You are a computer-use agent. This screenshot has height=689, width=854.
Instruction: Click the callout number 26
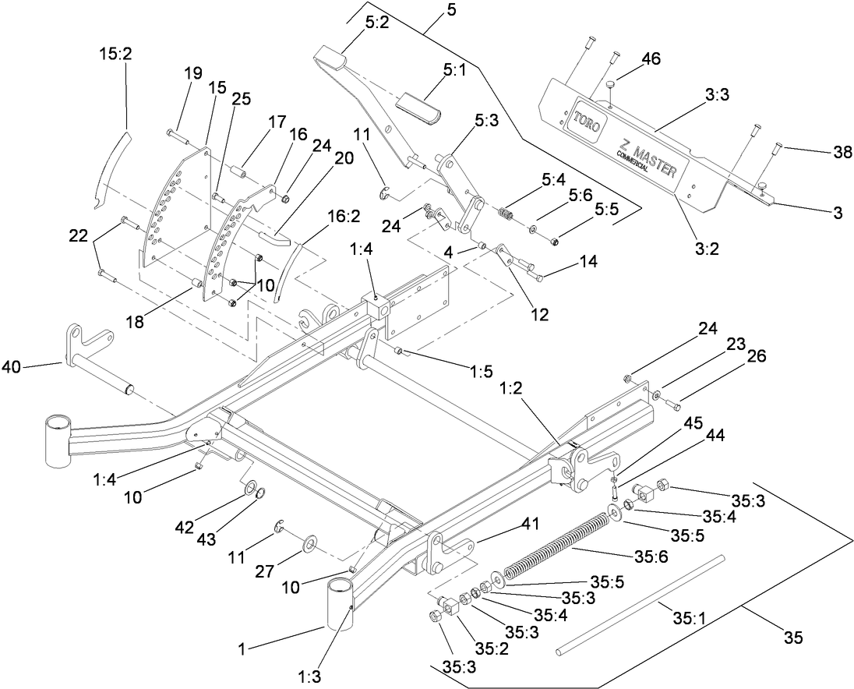(x=756, y=356)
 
